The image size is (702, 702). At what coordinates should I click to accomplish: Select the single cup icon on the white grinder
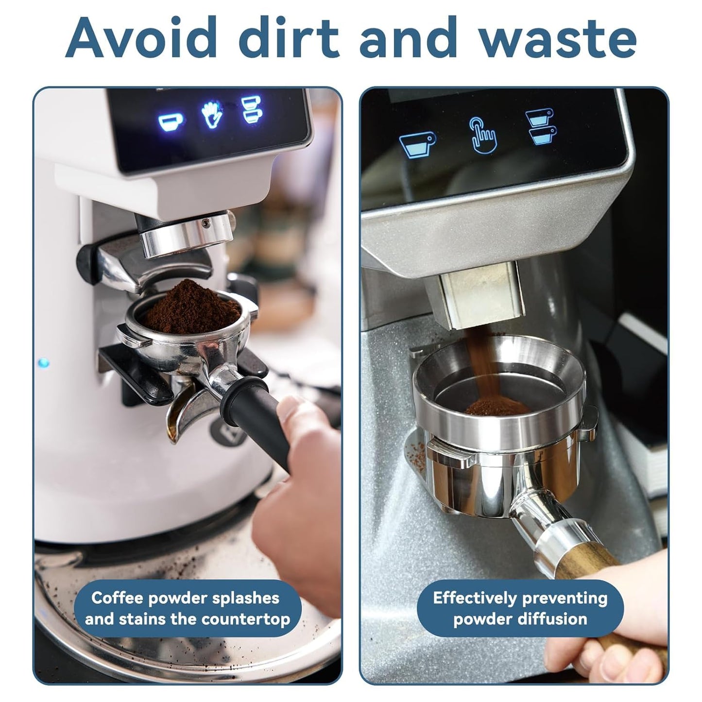point(170,122)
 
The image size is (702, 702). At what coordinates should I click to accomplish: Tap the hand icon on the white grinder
point(212,115)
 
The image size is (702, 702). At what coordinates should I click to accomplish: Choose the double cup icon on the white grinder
point(252,109)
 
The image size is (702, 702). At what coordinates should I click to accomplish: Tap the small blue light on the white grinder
point(44,363)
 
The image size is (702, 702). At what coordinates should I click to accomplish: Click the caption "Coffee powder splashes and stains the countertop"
point(187,608)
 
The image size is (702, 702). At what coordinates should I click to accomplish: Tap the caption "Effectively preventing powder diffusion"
point(520,608)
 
